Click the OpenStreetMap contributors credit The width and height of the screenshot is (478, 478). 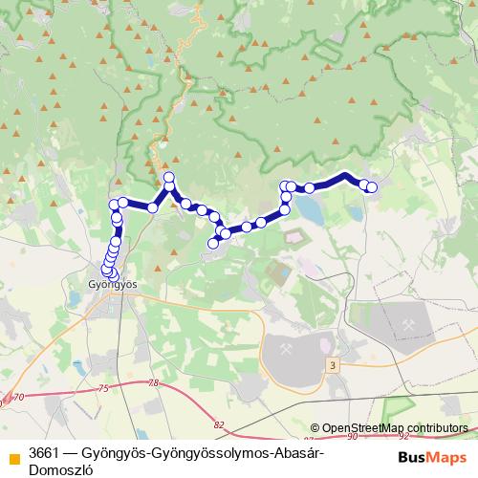coord(389,428)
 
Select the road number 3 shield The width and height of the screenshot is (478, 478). coord(331,365)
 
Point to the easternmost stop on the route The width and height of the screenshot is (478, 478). coord(372,187)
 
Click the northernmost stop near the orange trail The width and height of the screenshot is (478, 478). coord(169,177)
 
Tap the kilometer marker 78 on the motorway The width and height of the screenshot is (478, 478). coord(155,382)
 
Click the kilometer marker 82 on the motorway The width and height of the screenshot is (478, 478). coord(220,424)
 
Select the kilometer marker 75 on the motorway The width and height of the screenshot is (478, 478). coord(103,386)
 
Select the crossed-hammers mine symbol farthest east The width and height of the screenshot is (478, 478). coord(410,326)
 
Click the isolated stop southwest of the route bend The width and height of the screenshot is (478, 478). coord(213,244)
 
